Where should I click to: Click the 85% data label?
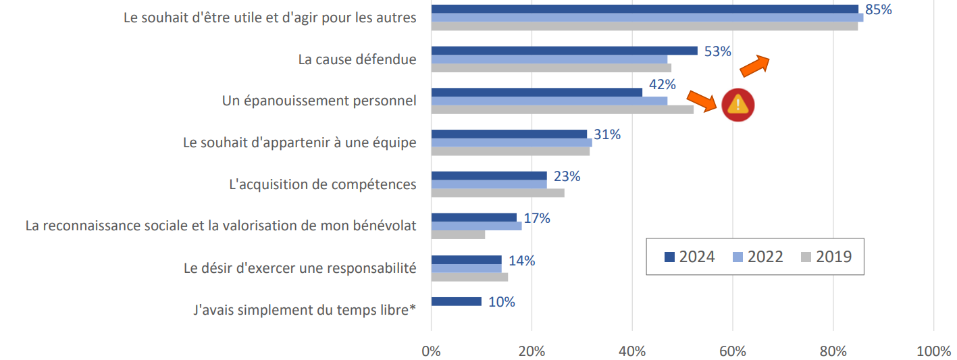tap(879, 10)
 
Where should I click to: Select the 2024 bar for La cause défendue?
tap(564, 51)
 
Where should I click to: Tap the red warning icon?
tap(738, 105)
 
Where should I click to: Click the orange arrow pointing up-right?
tap(754, 66)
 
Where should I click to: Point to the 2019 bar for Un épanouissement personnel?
tap(562, 109)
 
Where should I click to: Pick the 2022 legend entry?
tap(756, 257)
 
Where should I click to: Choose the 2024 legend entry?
tap(689, 257)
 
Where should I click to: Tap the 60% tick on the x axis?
tap(733, 351)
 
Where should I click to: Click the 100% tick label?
tap(933, 351)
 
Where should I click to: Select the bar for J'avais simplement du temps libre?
tap(456, 301)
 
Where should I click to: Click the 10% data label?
tap(501, 302)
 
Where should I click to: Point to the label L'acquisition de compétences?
tap(323, 184)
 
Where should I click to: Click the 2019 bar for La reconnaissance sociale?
tap(458, 234)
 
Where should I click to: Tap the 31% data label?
tap(606, 134)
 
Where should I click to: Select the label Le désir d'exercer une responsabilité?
tap(300, 267)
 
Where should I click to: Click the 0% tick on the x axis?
tap(431, 351)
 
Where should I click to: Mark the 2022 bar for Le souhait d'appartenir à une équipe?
tap(511, 143)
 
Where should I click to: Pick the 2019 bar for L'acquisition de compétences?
tap(497, 192)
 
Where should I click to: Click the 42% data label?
tap(662, 84)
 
